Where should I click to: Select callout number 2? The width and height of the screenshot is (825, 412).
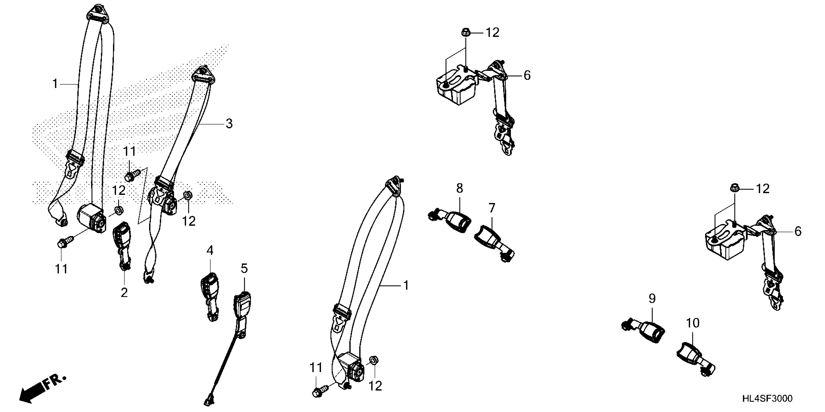124,292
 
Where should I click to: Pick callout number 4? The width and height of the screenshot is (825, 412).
210,250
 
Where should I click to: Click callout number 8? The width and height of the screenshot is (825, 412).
460,188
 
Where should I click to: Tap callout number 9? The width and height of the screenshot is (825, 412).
652,299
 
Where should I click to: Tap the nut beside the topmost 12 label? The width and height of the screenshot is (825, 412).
465,32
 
